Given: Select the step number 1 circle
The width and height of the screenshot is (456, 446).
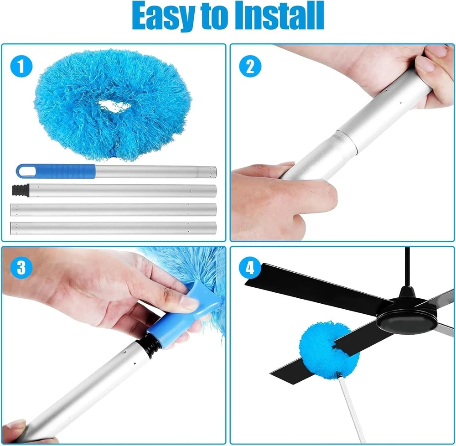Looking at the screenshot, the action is pyautogui.click(x=21, y=66).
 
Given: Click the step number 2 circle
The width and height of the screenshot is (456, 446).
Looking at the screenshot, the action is pyautogui.click(x=250, y=66).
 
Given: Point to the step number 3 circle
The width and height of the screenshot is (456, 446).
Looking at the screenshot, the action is pyautogui.click(x=21, y=268).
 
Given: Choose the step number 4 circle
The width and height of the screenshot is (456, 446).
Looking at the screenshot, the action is pyautogui.click(x=250, y=268).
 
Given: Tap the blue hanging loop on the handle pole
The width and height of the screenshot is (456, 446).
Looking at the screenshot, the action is pyautogui.click(x=27, y=171).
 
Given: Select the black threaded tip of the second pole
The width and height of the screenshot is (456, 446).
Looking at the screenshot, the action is pyautogui.click(x=21, y=191).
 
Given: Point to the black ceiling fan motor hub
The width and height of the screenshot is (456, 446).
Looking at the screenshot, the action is pyautogui.click(x=407, y=316).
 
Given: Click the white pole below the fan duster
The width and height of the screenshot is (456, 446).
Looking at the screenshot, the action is pyautogui.click(x=352, y=410).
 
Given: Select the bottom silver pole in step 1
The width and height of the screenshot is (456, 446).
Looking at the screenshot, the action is pyautogui.click(x=114, y=228).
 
